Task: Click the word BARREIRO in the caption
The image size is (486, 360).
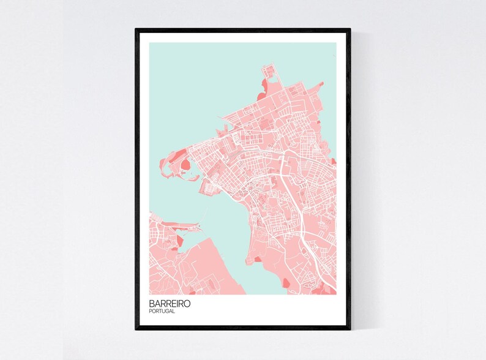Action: click(x=169, y=304)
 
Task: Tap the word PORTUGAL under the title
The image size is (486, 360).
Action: click(x=162, y=312)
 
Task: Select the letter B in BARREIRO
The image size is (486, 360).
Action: click(x=151, y=304)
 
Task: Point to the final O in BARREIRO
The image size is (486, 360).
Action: click(x=187, y=304)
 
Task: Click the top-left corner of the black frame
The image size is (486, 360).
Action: click(x=136, y=29)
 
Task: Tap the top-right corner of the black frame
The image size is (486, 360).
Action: click(x=350, y=29)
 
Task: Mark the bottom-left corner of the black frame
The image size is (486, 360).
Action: click(x=136, y=329)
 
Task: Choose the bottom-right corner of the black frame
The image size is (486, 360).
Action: click(x=350, y=329)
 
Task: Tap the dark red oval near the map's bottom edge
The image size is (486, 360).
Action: click(x=285, y=283)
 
